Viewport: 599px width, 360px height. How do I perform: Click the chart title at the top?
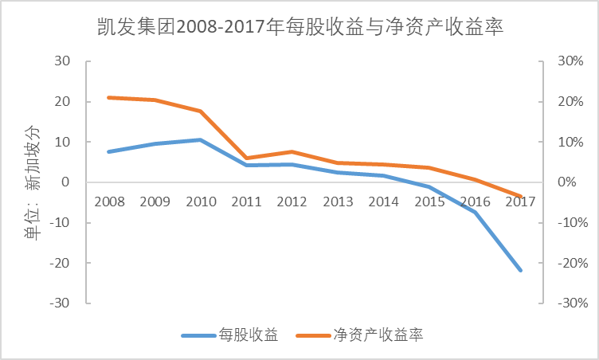click(299, 29)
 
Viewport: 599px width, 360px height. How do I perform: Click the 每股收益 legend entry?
click(249, 335)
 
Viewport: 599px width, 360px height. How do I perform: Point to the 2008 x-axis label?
click(108, 201)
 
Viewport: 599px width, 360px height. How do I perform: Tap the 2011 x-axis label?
click(246, 201)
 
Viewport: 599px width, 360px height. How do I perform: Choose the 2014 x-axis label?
click(384, 201)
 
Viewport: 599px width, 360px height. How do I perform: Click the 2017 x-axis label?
click(521, 201)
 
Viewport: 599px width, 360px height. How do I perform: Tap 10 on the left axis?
click(63, 142)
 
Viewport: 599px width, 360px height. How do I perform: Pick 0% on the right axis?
click(567, 182)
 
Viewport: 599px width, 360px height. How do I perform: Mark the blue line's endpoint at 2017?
click(521, 271)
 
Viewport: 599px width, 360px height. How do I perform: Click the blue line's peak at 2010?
click(200, 139)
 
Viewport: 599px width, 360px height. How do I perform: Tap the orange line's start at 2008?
click(108, 97)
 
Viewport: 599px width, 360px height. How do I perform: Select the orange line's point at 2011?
click(246, 158)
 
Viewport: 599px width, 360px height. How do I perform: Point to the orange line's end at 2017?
click(521, 197)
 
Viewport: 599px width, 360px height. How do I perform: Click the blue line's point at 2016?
click(475, 212)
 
